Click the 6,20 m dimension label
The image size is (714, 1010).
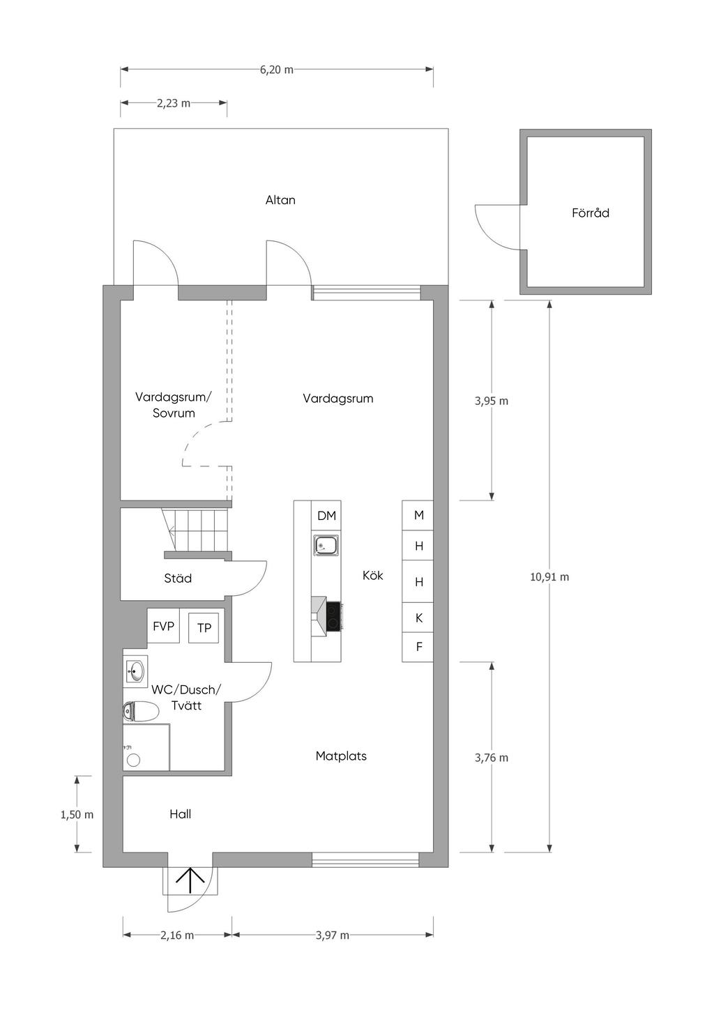tap(277, 70)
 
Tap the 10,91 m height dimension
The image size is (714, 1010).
tap(549, 576)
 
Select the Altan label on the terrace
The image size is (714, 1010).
tap(280, 200)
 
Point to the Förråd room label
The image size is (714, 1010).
tap(591, 213)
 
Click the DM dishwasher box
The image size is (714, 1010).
tap(326, 515)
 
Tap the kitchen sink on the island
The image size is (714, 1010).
tap(326, 546)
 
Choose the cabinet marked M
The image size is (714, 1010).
tap(418, 515)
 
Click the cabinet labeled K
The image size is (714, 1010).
tap(418, 618)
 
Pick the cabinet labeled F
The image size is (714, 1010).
tap(418, 647)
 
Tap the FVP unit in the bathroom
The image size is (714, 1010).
tap(163, 625)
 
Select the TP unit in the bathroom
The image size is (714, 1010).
tap(204, 627)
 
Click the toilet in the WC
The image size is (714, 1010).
tap(141, 712)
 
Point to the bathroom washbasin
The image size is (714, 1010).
tap(135, 671)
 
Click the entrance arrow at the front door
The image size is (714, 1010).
tap(190, 880)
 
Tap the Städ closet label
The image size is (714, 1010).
tap(178, 578)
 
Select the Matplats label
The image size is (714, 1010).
tap(341, 756)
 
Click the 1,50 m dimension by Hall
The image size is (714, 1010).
tap(77, 815)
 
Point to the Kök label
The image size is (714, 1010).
tap(372, 575)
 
